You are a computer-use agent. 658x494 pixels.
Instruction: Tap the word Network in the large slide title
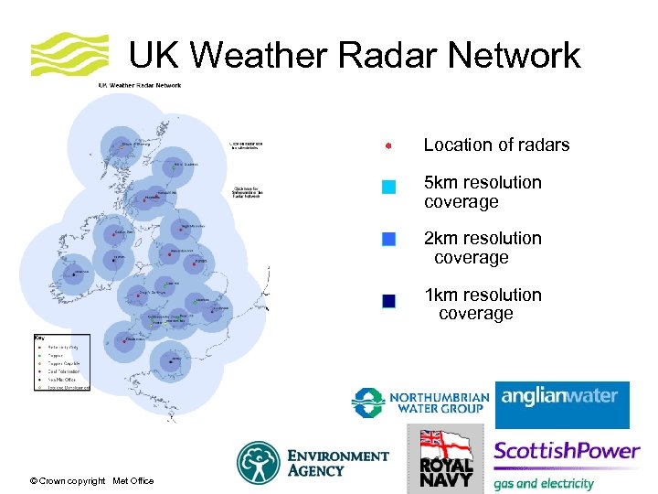point(502,56)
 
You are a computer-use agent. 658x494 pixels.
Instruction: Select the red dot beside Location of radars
point(388,145)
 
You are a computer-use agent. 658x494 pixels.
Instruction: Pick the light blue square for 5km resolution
point(388,187)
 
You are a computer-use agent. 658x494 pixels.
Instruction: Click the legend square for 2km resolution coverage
point(388,240)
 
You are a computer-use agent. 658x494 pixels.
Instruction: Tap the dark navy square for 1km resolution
point(388,301)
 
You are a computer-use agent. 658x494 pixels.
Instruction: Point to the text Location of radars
point(496,145)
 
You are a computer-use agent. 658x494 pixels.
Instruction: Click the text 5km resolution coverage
point(483,192)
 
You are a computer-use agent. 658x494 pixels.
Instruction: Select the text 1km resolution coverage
point(483,304)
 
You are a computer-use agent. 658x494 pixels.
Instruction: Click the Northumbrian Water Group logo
point(420,403)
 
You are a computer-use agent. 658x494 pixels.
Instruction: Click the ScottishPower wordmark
point(567,451)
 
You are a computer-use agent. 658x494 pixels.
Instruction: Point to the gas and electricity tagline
point(544,483)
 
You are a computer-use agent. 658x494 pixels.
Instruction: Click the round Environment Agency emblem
point(259,462)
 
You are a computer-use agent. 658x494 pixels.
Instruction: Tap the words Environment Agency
point(338,463)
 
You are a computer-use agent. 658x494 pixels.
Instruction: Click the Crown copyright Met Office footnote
point(91,481)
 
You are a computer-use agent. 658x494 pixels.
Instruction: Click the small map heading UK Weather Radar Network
point(140,86)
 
